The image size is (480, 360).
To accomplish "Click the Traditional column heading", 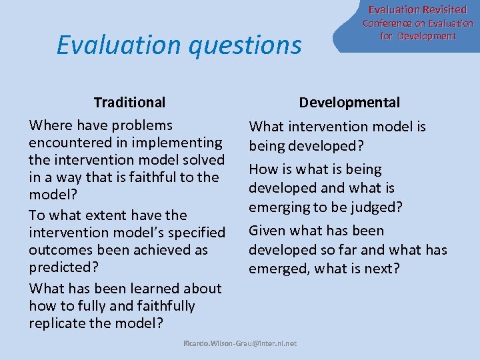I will (x=129, y=103).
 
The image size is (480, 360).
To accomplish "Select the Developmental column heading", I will (x=349, y=103).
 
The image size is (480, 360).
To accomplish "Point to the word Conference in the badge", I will (x=387, y=23).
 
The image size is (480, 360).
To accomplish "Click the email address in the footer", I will (x=240, y=343).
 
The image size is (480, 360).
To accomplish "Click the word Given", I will (x=267, y=231).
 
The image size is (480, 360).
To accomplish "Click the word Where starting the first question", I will (x=49, y=125).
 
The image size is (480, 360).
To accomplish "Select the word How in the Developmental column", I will (x=263, y=169).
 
